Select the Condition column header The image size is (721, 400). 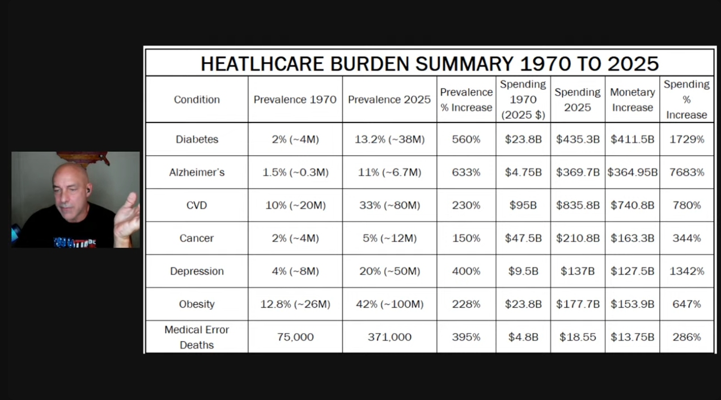pyautogui.click(x=197, y=99)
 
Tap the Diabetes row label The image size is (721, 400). pyautogui.click(x=197, y=139)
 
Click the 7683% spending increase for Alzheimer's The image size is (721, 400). pyautogui.click(x=686, y=172)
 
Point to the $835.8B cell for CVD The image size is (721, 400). pyautogui.click(x=578, y=205)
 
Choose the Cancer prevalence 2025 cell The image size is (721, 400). pyautogui.click(x=389, y=238)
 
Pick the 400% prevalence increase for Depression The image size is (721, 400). pyautogui.click(x=466, y=271)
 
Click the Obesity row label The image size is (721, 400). pyautogui.click(x=197, y=304)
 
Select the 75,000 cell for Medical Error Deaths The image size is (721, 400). pyautogui.click(x=295, y=337)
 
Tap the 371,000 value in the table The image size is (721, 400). pyautogui.click(x=389, y=337)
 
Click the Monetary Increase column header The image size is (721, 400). pyautogui.click(x=632, y=99)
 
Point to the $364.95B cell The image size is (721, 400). pyautogui.click(x=632, y=172)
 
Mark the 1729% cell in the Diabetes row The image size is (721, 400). pyautogui.click(x=686, y=139)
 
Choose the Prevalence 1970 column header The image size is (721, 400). pyautogui.click(x=295, y=99)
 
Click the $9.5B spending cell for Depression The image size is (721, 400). pyautogui.click(x=522, y=271)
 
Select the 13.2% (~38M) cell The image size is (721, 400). pyautogui.click(x=389, y=139)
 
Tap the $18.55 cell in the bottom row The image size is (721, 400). pyautogui.click(x=578, y=337)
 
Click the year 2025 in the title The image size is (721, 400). pyautogui.click(x=633, y=63)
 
